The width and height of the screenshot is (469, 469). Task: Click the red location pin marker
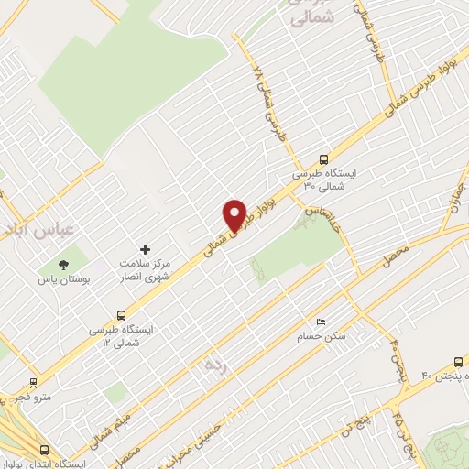pos(234,216)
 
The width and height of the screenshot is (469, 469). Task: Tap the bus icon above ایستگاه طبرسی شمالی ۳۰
pos(322,158)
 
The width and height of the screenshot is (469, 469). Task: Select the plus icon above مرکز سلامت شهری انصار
pos(144,249)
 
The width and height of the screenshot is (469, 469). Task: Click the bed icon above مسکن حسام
pos(320,322)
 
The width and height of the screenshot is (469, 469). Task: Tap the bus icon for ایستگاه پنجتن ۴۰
pos(458,362)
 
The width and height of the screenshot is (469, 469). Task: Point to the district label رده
pos(214,365)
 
